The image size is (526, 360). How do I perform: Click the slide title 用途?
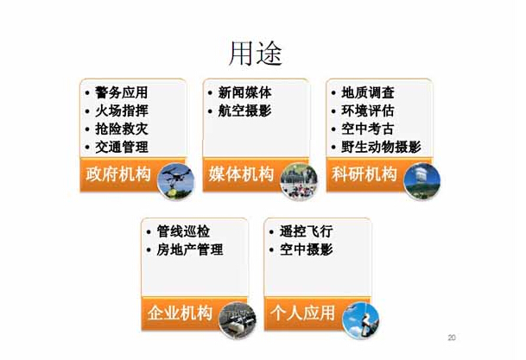coord(256,54)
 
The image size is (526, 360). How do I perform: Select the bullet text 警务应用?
coord(121,92)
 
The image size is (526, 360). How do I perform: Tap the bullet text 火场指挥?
coord(121,111)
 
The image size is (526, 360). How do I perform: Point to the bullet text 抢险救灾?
coord(121,129)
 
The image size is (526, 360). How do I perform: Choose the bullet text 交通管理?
coord(121,147)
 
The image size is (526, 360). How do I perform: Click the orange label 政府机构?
coord(118,174)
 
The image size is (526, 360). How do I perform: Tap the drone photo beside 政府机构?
coord(175,181)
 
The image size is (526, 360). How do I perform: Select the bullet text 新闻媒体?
coord(244,92)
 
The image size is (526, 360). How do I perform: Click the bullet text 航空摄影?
coord(244,111)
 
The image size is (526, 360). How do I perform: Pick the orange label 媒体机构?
coord(241,174)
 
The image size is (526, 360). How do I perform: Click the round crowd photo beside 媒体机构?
coord(299,181)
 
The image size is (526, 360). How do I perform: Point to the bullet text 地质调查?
coord(368,92)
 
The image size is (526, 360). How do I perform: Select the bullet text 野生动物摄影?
coord(381,147)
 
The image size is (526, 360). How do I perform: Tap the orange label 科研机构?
coord(364,174)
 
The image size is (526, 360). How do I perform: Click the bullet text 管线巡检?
coord(183,231)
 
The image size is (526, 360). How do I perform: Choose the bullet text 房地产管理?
coord(190,249)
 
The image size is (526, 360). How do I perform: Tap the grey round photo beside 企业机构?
coord(238,320)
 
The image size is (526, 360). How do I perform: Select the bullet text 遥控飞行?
coord(307,231)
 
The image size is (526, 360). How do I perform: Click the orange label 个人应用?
coord(302,313)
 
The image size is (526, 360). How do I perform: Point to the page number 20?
coord(452,338)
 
